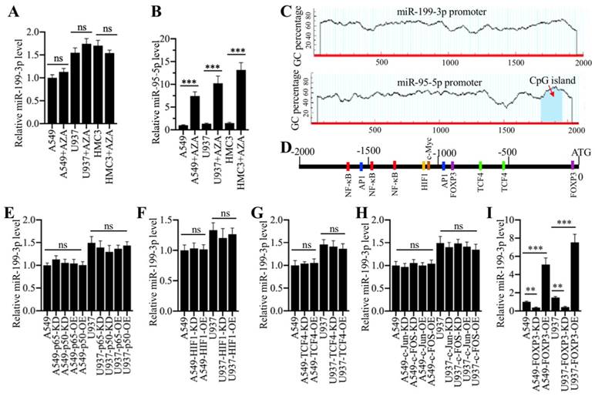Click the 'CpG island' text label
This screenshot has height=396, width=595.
553,80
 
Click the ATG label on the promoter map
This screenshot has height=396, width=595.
574,152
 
